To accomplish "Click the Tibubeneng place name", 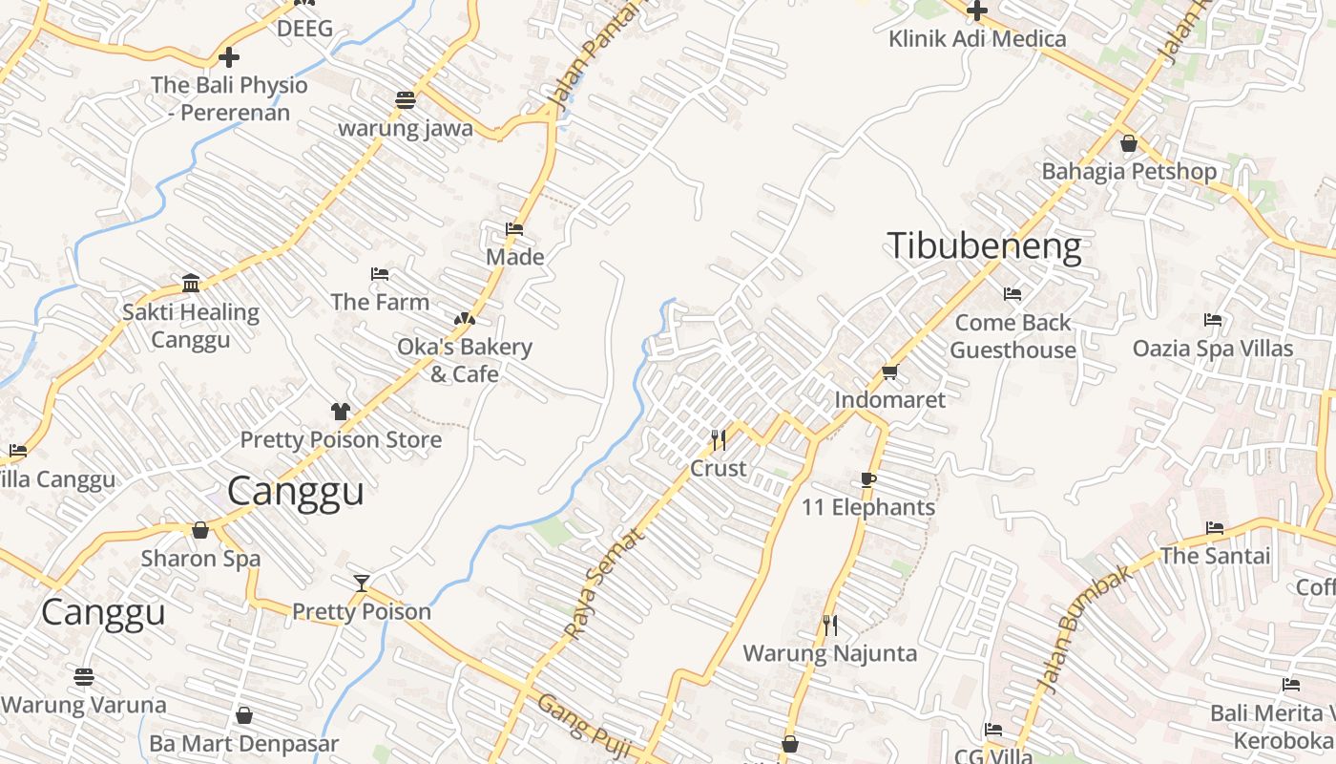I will coord(984,246).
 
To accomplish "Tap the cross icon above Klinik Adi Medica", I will coord(976,11).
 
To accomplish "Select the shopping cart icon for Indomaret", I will coord(889,371).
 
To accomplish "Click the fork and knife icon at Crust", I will coord(719,439).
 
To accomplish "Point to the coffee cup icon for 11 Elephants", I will coord(867,478).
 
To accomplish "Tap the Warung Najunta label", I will coord(829,653).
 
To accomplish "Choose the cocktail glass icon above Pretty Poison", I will coord(362,583).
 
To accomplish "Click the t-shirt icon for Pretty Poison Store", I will coord(341,412).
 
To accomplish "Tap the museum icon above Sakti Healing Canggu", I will coord(191,283).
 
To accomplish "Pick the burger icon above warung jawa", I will coord(406,99).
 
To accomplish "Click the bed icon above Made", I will coord(514,229).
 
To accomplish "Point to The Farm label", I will coord(380,302).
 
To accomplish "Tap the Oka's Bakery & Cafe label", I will coord(465,360).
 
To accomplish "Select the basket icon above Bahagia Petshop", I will coord(1129,144).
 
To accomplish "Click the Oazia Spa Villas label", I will coord(1212,349).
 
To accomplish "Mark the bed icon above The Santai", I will coord(1214,527).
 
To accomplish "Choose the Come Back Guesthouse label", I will coord(1012,336).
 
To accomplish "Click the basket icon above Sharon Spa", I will coord(200,529).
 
